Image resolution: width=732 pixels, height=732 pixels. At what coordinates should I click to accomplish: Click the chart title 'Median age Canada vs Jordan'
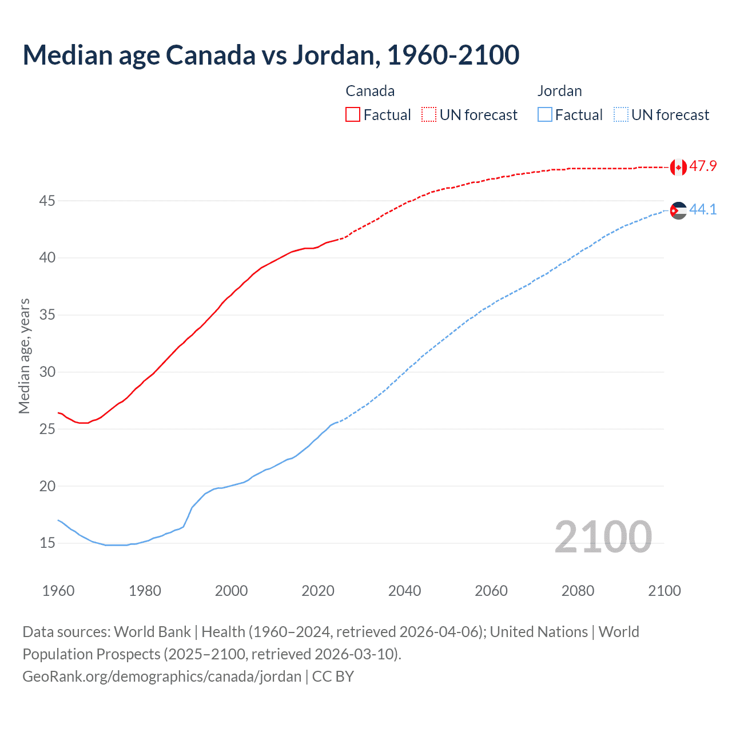pyautogui.click(x=270, y=55)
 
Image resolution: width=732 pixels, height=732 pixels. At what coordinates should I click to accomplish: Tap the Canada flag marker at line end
pyautogui.click(x=678, y=167)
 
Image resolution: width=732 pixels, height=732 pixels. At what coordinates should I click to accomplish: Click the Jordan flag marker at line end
pyautogui.click(x=678, y=210)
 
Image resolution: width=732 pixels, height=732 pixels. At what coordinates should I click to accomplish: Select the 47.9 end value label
pyautogui.click(x=703, y=166)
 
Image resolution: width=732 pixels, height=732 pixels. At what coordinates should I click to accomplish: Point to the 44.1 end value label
pyautogui.click(x=703, y=210)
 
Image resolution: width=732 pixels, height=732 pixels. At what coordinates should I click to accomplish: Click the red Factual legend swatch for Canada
pyautogui.click(x=353, y=115)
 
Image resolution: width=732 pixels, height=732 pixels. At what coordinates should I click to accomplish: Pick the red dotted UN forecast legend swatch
pyautogui.click(x=429, y=115)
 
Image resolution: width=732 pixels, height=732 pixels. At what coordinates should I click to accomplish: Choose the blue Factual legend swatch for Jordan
pyautogui.click(x=545, y=115)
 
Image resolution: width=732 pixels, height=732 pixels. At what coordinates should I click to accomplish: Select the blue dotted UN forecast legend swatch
pyautogui.click(x=620, y=115)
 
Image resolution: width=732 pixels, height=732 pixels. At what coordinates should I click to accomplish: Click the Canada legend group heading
pyautogui.click(x=370, y=91)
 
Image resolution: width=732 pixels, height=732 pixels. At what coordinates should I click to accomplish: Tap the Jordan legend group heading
pyautogui.click(x=559, y=91)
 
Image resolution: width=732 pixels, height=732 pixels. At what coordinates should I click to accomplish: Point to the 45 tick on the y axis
pyautogui.click(x=47, y=201)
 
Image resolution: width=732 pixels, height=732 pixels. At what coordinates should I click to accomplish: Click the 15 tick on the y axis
pyautogui.click(x=47, y=543)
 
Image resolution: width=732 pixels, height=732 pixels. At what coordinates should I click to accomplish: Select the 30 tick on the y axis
pyautogui.click(x=47, y=372)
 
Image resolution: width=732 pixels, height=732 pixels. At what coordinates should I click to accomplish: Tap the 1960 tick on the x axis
pyautogui.click(x=58, y=591)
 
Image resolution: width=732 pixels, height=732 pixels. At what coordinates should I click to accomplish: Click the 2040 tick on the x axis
pyautogui.click(x=404, y=591)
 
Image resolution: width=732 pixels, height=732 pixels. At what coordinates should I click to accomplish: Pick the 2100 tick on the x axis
pyautogui.click(x=664, y=591)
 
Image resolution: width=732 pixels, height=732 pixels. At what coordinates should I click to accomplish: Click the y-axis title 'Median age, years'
pyautogui.click(x=24, y=356)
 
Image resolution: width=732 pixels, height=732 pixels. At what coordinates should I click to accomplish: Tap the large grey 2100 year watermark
pyautogui.click(x=603, y=537)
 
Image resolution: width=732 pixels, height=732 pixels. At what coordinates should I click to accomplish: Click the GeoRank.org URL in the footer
pyautogui.click(x=162, y=677)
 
